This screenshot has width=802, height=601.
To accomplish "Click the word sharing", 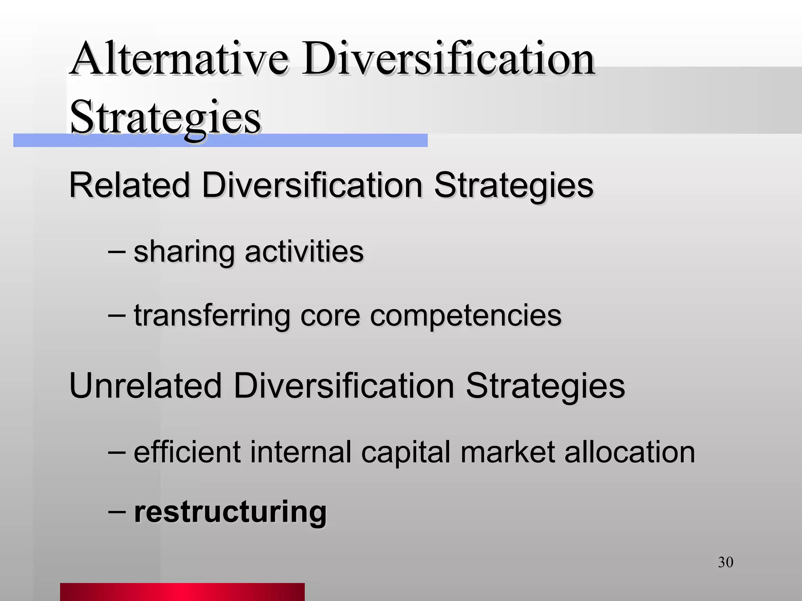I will (x=184, y=252).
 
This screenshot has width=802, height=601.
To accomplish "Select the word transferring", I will (x=212, y=315).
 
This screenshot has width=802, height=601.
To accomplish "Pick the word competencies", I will (x=466, y=316).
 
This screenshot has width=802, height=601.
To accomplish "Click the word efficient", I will (x=187, y=452).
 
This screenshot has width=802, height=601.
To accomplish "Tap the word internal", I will (x=300, y=452).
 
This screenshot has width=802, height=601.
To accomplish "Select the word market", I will (x=508, y=452).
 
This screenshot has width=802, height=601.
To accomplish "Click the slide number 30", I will (x=725, y=562).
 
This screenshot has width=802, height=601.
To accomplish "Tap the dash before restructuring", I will (x=117, y=511).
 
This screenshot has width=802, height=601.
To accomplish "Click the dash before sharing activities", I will (x=117, y=252).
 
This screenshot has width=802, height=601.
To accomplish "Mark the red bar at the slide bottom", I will (x=182, y=592).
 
